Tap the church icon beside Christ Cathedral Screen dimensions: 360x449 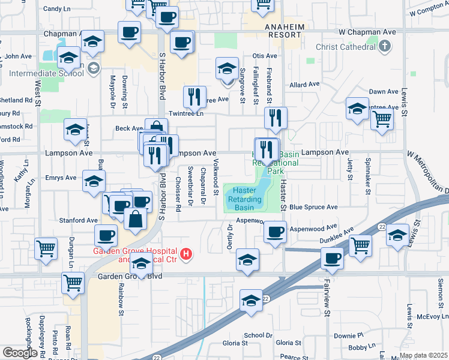pyautogui.click(x=385, y=46)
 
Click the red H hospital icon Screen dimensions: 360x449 pyautogui.click(x=187, y=254)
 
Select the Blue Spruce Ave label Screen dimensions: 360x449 pyautogui.click(x=313, y=207)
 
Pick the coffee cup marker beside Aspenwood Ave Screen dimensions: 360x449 pyautogui.click(x=276, y=232)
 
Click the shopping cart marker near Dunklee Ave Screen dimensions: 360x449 pyautogui.click(x=360, y=245)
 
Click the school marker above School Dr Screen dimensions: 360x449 pyautogui.click(x=252, y=300)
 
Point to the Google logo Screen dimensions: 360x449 pyautogui.click(x=20, y=353)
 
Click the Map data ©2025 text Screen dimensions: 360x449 pyautogui.click(x=423, y=355)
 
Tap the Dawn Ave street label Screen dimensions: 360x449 pyautogui.click(x=384, y=91)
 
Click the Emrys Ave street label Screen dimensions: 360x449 pyautogui.click(x=61, y=178)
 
